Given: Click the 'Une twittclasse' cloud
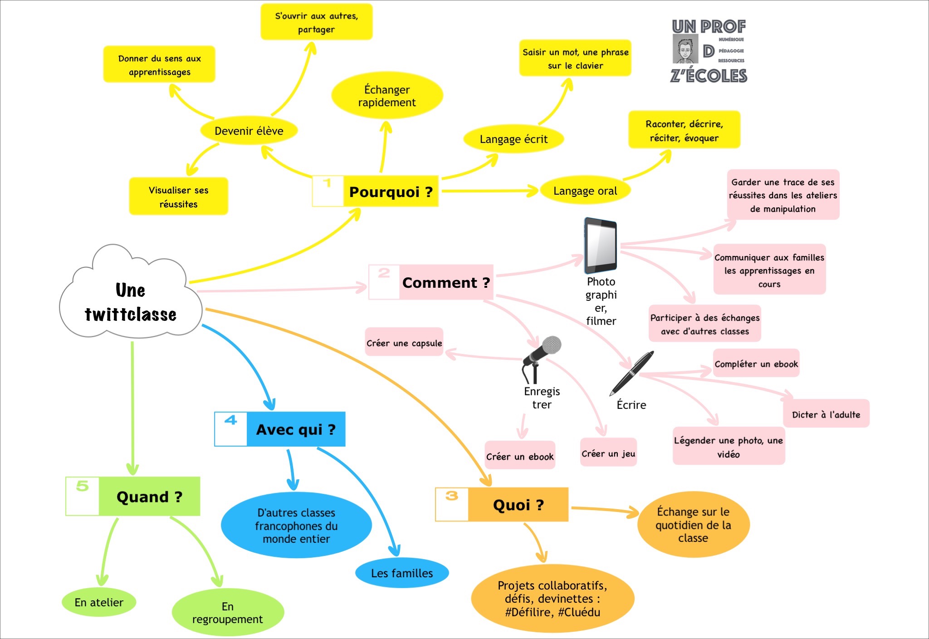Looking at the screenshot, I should click(x=131, y=302).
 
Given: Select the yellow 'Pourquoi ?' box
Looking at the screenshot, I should click(x=390, y=192).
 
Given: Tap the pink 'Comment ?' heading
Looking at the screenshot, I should click(x=445, y=282).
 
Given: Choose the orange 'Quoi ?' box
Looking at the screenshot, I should click(x=518, y=505).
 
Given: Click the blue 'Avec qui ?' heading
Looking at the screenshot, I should click(x=295, y=429).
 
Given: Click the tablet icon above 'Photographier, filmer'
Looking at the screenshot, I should click(x=601, y=245).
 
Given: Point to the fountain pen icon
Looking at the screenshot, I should click(x=631, y=373).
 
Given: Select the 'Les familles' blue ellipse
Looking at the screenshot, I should click(x=402, y=573).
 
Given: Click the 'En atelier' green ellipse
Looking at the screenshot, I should click(x=99, y=602).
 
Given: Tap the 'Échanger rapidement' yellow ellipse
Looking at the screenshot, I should click(x=387, y=96).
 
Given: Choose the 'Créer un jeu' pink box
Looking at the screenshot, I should click(x=608, y=453).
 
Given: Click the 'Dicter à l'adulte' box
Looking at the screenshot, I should click(x=826, y=414).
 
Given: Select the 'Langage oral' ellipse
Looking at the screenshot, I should click(x=585, y=191).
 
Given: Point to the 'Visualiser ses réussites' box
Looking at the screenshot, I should click(x=178, y=197).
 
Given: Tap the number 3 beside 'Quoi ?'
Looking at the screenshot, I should click(x=451, y=496).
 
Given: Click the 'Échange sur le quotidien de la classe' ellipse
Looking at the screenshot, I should click(x=693, y=525).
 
